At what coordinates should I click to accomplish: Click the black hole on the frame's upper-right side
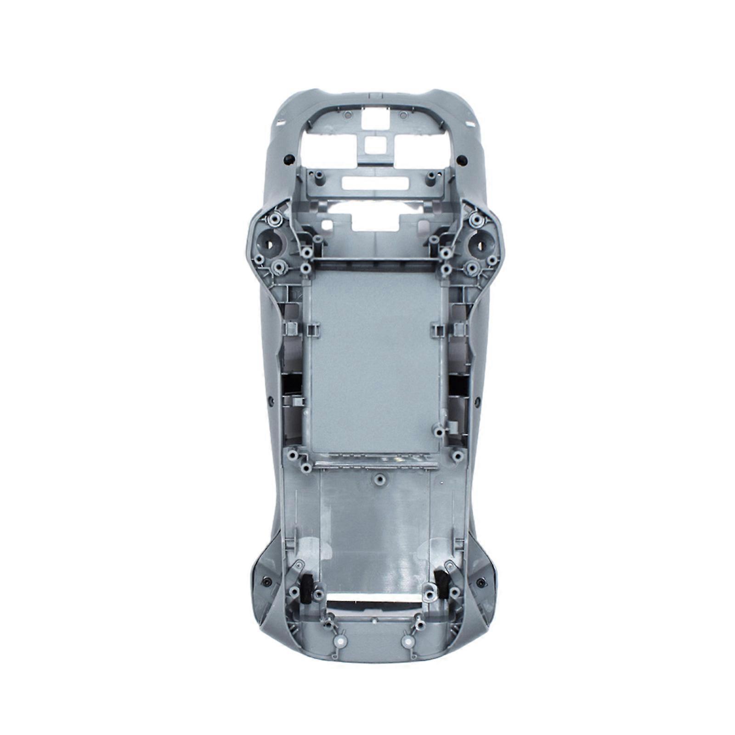coord(463,160)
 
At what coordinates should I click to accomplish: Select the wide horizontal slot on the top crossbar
coord(375,182)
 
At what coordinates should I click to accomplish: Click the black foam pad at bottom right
coord(442,582)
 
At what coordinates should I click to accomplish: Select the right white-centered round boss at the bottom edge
coord(406,642)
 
